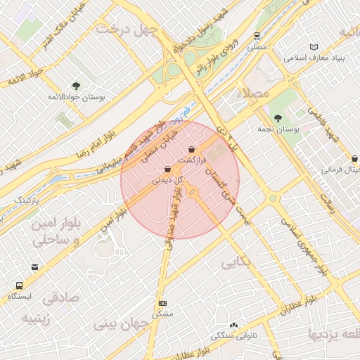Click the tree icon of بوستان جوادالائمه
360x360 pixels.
point(76,86)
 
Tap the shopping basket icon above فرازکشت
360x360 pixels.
point(192,149)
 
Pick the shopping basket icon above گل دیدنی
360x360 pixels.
point(167,169)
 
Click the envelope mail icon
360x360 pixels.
point(35,266)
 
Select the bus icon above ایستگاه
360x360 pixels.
point(19,286)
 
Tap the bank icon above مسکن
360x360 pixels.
point(162,303)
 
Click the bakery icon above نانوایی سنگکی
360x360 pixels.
point(233,325)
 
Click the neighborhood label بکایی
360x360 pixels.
point(236,264)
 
